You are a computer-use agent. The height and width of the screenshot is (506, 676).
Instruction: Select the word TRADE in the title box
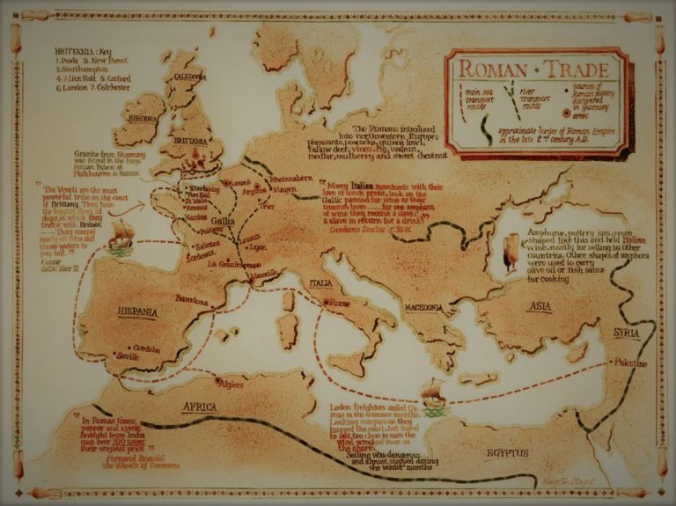click(577, 68)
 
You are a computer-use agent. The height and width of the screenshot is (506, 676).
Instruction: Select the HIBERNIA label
click(141, 117)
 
